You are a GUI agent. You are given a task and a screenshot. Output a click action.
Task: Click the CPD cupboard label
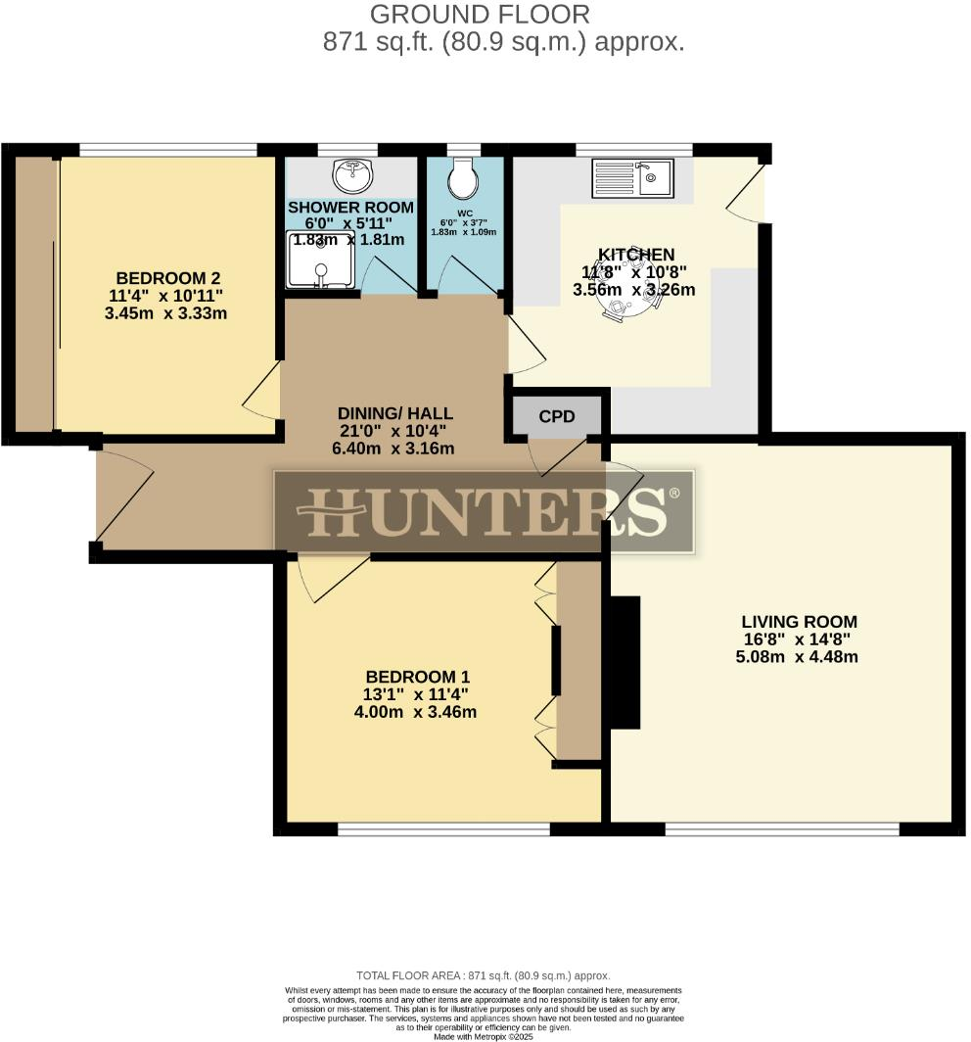click(x=557, y=416)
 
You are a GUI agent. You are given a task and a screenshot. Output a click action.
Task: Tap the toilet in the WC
click(x=461, y=180)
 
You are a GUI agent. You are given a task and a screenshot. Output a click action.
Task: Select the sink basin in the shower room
click(x=352, y=177)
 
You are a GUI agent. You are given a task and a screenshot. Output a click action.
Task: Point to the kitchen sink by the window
click(x=631, y=177)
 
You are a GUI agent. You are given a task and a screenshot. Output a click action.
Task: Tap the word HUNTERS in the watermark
click(x=485, y=511)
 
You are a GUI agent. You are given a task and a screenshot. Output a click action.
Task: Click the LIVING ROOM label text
click(x=799, y=621)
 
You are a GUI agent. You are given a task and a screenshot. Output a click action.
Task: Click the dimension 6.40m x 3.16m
click(x=395, y=449)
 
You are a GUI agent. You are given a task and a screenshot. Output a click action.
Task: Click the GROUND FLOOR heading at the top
click(x=480, y=15)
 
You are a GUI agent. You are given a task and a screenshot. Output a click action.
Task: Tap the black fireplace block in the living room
click(x=624, y=661)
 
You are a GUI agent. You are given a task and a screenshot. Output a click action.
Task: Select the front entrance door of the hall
click(x=124, y=496)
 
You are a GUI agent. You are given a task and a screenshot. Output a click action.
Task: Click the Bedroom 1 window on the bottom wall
click(x=442, y=829)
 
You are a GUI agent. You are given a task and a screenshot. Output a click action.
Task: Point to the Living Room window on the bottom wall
click(x=781, y=829)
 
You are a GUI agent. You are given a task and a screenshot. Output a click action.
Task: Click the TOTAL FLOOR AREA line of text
click(x=484, y=975)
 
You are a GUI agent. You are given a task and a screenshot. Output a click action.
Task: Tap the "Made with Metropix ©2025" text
click(x=484, y=1036)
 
